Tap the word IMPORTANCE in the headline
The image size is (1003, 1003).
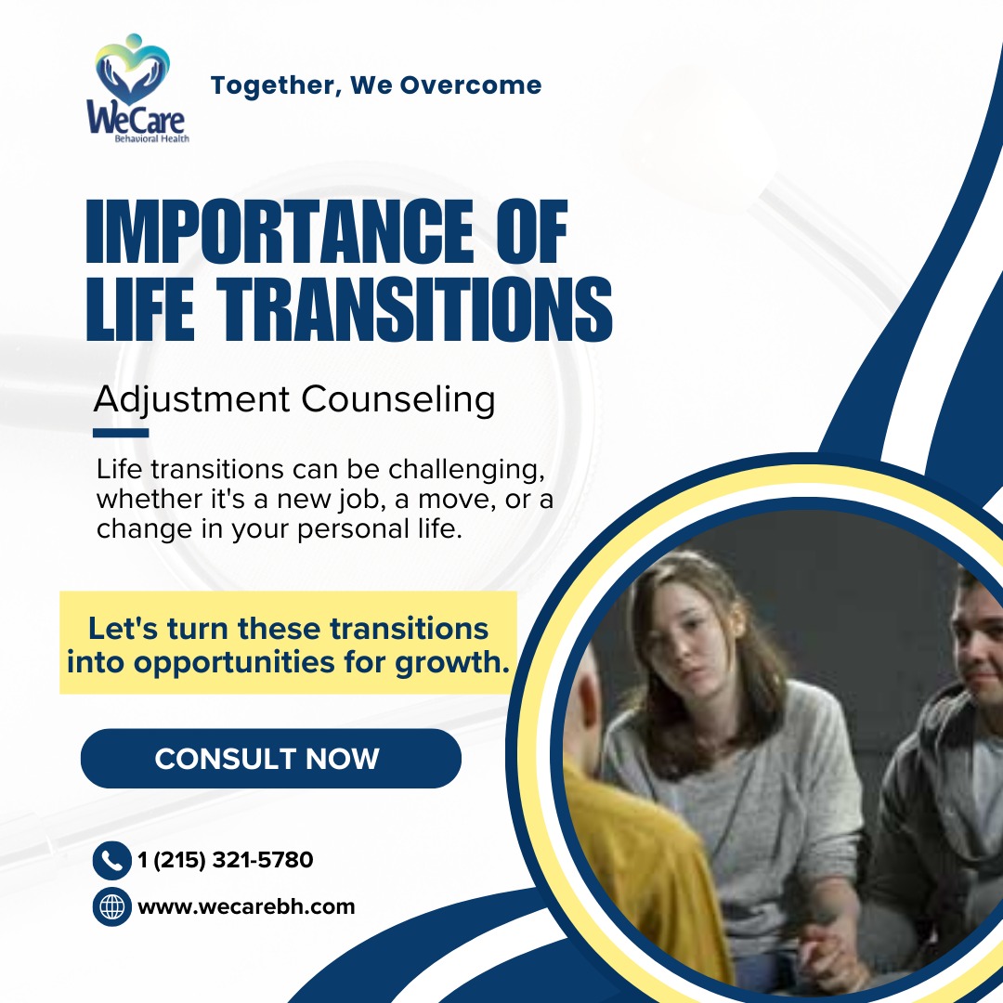point(280,231)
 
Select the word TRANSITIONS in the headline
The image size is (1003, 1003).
point(414,309)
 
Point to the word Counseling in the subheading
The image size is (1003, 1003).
point(397,400)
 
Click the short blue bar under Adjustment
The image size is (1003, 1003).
point(121,433)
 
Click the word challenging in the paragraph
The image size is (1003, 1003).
point(466,470)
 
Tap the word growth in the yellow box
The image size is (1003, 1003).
point(452,663)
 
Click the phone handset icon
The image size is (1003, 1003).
point(112,860)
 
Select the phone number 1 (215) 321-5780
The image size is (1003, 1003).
point(226,860)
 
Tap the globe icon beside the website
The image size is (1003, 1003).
point(112,906)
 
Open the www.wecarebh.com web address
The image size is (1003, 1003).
point(246,907)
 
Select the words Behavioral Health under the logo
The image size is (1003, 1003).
point(151,138)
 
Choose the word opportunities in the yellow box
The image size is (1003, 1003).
point(234,663)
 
